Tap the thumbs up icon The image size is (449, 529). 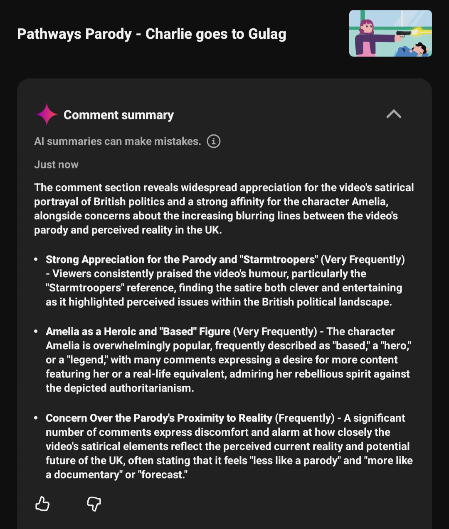tap(42, 504)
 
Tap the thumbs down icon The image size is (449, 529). tap(94, 504)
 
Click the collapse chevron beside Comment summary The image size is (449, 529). tap(394, 114)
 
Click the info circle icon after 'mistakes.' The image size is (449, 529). tap(214, 142)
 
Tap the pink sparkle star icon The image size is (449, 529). tap(47, 114)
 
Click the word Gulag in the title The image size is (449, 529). tap(267, 34)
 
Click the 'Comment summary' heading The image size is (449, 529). tap(118, 115)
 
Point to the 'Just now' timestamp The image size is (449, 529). tap(56, 165)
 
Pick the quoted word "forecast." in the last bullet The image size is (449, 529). tap(165, 475)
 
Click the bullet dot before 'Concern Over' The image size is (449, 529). tap(36, 417)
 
